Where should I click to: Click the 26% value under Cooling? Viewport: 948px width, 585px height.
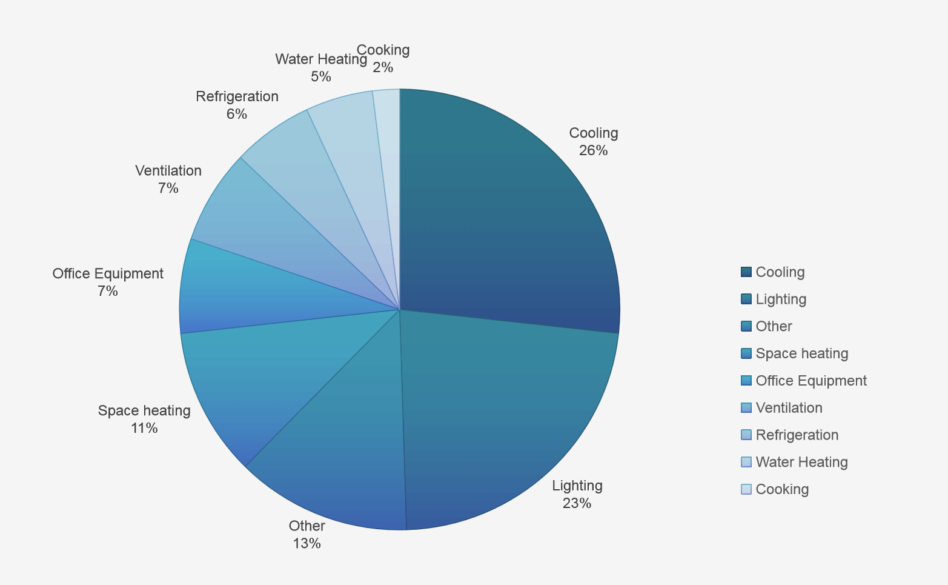point(593,150)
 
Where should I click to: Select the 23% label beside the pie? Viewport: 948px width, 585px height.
point(577,503)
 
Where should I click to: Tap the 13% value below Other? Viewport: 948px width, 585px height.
point(307,543)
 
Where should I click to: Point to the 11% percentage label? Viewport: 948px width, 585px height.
point(144,429)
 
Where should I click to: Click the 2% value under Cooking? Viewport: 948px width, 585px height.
point(383,67)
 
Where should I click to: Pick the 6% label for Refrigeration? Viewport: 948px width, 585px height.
point(237,114)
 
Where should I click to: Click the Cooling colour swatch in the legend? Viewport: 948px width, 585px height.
point(746,272)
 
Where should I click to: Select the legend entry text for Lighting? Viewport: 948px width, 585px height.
point(781,299)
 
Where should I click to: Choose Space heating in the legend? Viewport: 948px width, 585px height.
point(801,353)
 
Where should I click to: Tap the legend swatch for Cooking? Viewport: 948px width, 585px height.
point(746,489)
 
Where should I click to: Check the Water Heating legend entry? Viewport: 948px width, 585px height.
point(801,463)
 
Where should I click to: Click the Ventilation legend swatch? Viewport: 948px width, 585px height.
point(746,408)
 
